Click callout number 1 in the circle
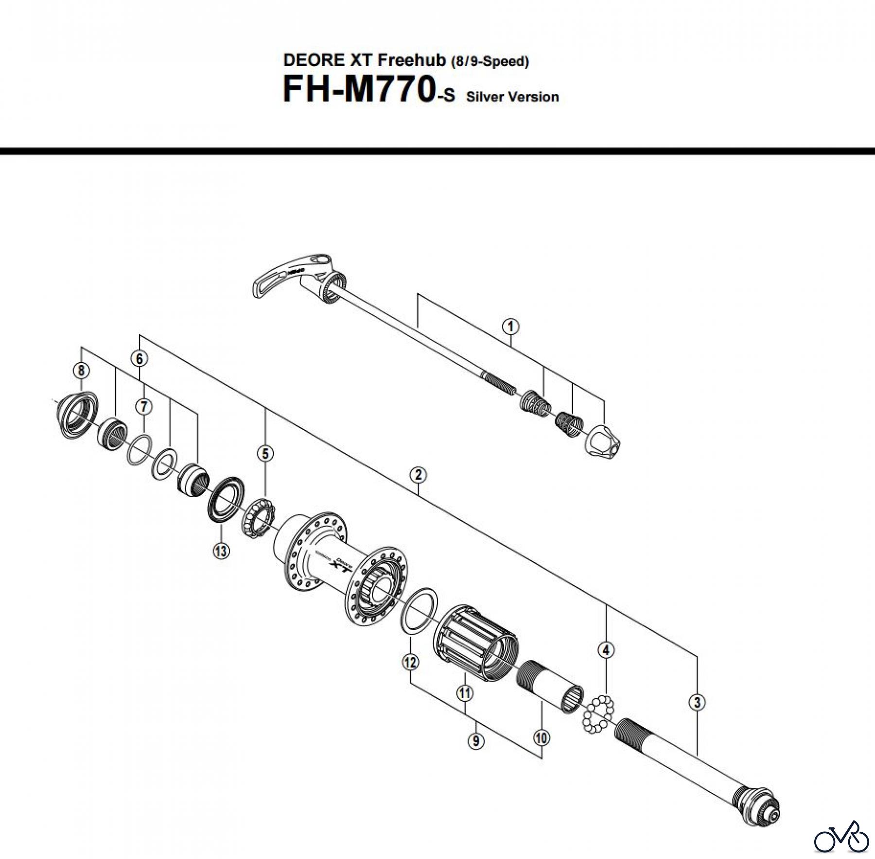coord(510,326)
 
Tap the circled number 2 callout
coord(418,475)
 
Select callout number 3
coord(697,702)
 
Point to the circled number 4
coord(606,650)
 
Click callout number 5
coord(265,454)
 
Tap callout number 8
coord(81,371)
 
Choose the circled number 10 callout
coord(541,738)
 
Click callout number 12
coord(411,661)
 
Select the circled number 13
coord(221,551)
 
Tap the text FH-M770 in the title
coord(358,91)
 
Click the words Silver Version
coord(512,97)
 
